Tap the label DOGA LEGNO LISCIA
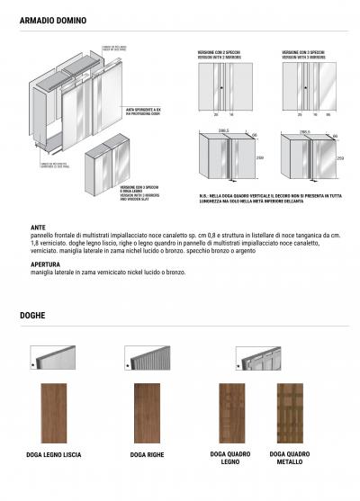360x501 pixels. click(55, 455)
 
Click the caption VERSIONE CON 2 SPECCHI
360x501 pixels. click(220, 55)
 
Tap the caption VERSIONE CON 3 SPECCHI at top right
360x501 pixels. click(303, 55)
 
